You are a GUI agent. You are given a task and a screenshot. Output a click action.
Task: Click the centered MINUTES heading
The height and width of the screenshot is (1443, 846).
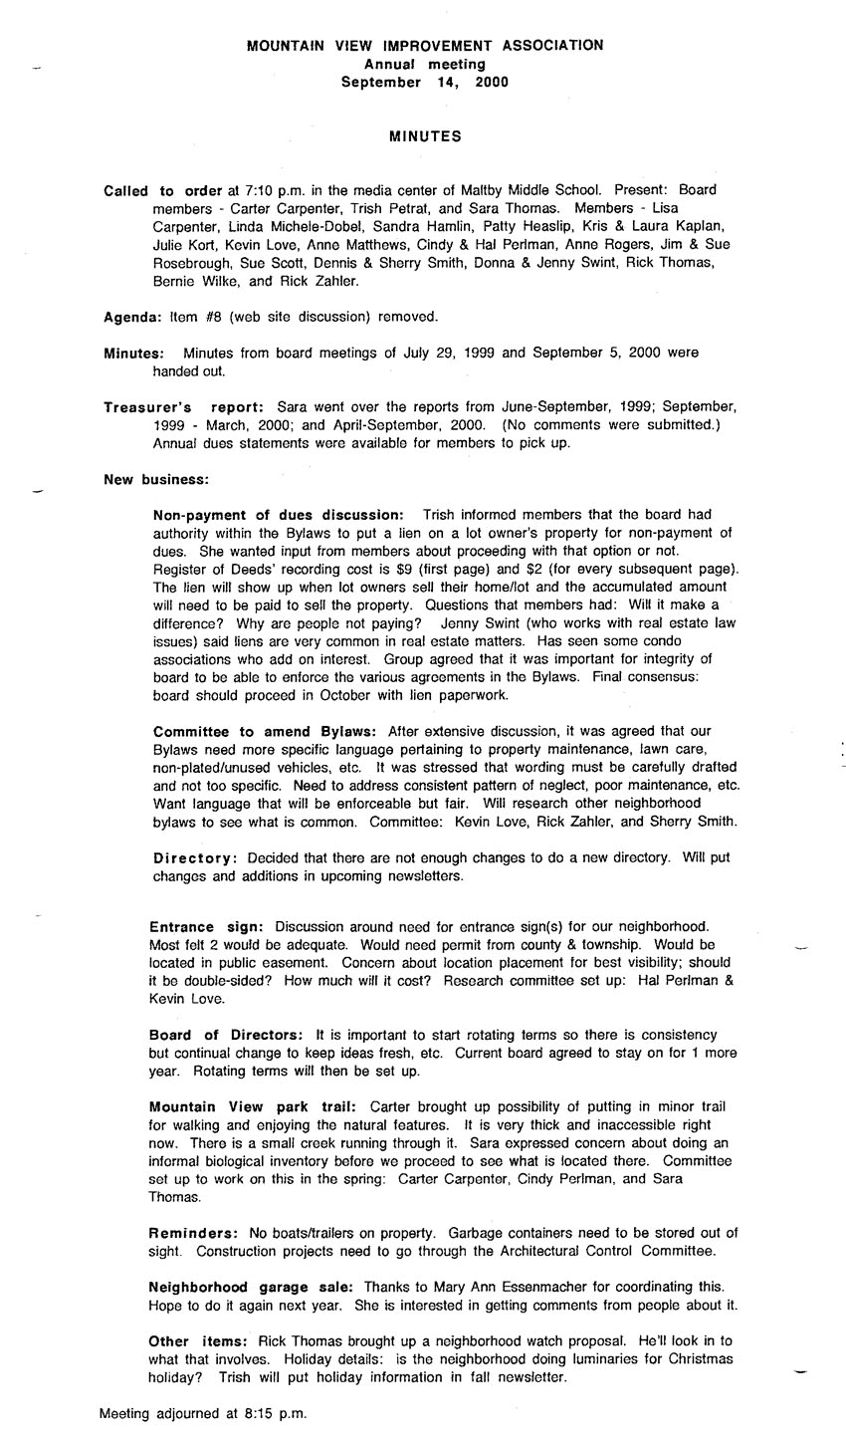click(424, 135)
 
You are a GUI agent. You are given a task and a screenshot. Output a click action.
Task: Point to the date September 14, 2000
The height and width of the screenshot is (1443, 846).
click(424, 83)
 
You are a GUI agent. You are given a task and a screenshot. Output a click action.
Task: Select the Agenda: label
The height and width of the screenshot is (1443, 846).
click(132, 317)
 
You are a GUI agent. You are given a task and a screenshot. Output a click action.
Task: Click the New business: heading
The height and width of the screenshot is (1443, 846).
click(155, 480)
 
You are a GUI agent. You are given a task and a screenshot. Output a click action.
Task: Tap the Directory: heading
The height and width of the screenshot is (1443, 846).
click(196, 858)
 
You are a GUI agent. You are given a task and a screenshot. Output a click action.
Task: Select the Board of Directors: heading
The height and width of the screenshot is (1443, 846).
click(226, 1036)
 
